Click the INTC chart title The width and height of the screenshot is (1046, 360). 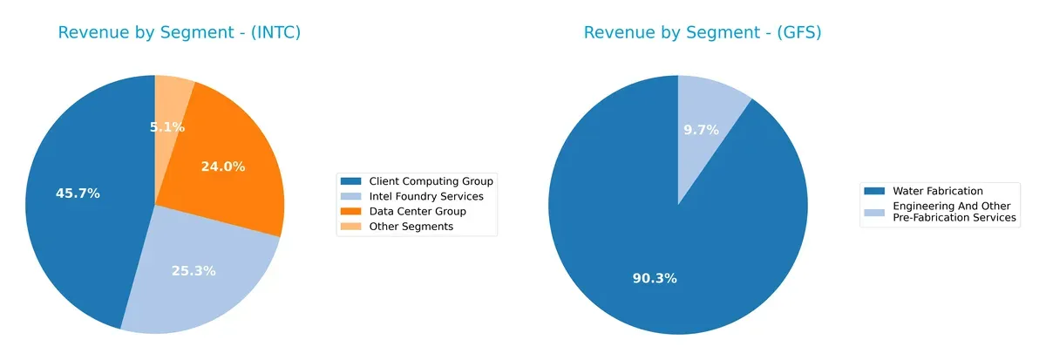tap(180, 33)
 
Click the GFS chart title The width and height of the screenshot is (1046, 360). tap(703, 33)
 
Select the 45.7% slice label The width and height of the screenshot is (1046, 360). tap(78, 194)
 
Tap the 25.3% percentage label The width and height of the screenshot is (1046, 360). tap(194, 271)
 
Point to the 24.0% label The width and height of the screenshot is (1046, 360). tap(223, 166)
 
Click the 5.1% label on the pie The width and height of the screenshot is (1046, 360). tap(166, 127)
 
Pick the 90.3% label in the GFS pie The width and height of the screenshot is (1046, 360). tap(655, 279)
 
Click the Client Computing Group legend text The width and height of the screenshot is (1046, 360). tap(431, 181)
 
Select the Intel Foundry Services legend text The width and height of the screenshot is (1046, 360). tap(425, 196)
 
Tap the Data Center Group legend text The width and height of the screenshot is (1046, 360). tap(418, 211)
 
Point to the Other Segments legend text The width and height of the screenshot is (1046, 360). tap(411, 227)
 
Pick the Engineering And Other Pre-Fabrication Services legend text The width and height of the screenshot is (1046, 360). tap(954, 212)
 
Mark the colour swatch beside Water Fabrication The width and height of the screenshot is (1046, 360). tap(875, 191)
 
